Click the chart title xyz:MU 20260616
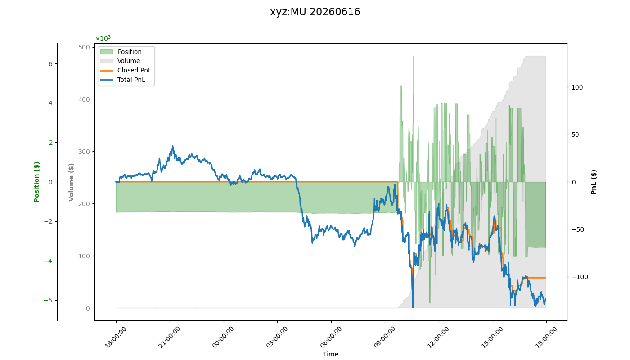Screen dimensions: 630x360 click(315, 12)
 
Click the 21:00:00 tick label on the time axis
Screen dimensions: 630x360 click(169, 337)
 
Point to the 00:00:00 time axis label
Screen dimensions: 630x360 click(223, 337)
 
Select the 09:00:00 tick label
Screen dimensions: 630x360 click(384, 337)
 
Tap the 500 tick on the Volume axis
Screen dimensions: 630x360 click(84, 47)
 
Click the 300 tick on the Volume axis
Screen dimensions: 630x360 click(84, 152)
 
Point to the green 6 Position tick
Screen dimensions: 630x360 click(50, 64)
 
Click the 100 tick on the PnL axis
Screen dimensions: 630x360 click(577, 87)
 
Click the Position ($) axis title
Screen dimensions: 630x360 click(36, 182)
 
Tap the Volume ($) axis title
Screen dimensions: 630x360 click(71, 182)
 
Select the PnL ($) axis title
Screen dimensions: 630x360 click(594, 182)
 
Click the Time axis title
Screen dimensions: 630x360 click(330, 354)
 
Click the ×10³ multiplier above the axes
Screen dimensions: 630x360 click(103, 38)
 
